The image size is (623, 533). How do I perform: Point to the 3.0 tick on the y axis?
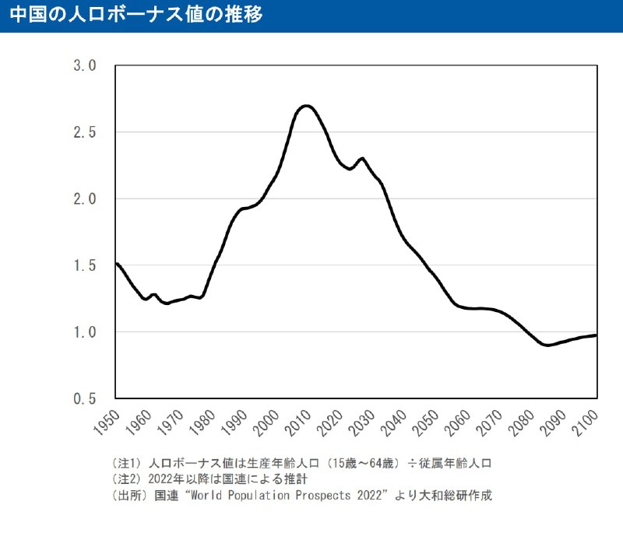(84, 65)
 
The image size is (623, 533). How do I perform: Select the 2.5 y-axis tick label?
(84, 132)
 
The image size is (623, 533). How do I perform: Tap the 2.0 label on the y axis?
(84, 199)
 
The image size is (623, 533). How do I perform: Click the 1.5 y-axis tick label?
(84, 266)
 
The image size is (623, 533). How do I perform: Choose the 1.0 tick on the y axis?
(84, 332)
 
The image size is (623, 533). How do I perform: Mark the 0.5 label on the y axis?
(84, 399)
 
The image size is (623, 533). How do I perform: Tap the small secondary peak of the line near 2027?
(361, 159)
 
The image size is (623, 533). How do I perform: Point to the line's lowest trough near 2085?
(547, 345)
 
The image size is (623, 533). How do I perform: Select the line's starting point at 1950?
(115, 264)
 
